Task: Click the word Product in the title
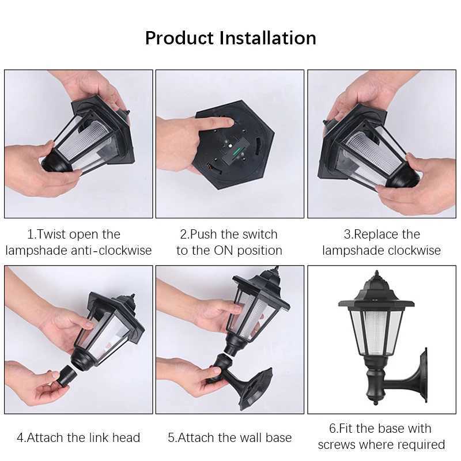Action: tap(179, 38)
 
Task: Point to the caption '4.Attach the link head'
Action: tap(78, 437)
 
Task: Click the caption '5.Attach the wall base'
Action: tap(229, 437)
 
